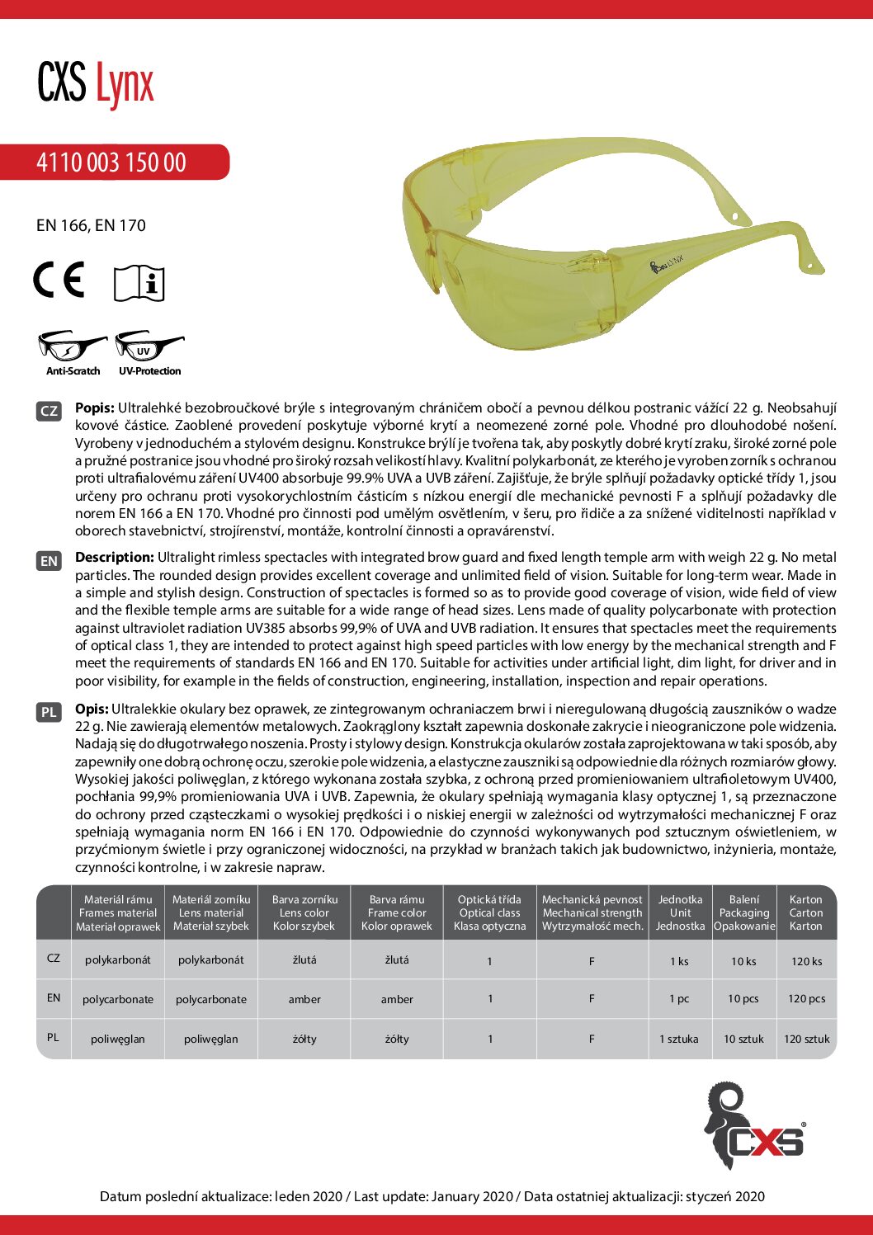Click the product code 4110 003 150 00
click(111, 162)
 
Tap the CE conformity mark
click(59, 280)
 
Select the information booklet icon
click(139, 283)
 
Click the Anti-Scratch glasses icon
click(73, 347)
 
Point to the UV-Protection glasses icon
click(149, 347)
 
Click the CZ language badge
click(49, 410)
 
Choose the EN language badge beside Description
click(49, 561)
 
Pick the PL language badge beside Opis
click(49, 712)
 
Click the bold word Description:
click(115, 558)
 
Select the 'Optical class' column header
click(489, 912)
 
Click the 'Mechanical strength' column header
click(592, 912)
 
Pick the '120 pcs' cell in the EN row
click(806, 999)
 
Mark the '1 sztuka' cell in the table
click(678, 1039)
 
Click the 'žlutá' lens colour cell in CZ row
click(304, 960)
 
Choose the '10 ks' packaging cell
click(743, 961)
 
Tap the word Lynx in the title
click(125, 84)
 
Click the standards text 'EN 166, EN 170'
click(91, 225)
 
